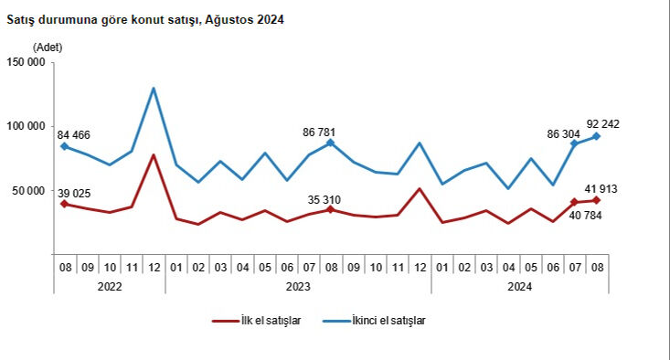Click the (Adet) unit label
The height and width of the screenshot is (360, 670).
click(48, 46)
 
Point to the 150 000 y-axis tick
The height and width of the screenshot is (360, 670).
click(26, 62)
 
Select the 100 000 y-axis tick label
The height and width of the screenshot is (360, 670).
click(26, 126)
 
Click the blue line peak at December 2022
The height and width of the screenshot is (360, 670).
click(153, 89)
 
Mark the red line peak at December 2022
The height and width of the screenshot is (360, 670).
click(153, 155)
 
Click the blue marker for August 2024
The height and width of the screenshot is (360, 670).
click(596, 136)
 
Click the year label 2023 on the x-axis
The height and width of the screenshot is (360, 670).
click(297, 286)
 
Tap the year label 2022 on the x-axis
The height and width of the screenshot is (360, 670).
click(109, 286)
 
